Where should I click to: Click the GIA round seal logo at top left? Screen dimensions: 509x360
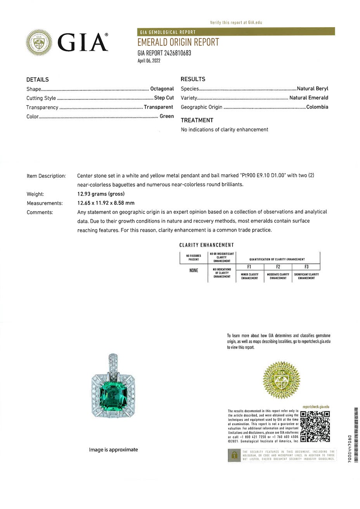[x=39, y=43]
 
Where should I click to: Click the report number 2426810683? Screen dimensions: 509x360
[x=178, y=53]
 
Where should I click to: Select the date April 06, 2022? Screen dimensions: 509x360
[x=149, y=61]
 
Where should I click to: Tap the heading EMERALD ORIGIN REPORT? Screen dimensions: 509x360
[x=178, y=42]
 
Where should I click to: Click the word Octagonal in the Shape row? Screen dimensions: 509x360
[x=162, y=89]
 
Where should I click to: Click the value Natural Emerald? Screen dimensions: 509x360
[x=308, y=98]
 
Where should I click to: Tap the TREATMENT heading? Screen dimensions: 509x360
[x=197, y=120]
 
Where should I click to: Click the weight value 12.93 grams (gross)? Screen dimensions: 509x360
[x=101, y=194]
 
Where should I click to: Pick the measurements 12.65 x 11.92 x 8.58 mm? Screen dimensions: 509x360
[x=106, y=203]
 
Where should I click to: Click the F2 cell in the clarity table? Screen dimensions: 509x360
[x=278, y=267]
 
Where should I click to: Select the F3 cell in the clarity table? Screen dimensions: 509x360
[x=306, y=267]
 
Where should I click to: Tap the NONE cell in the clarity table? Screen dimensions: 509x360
[x=194, y=270]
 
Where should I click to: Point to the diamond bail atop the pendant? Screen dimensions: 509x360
[x=113, y=363]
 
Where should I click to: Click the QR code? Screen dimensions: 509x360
[x=315, y=426]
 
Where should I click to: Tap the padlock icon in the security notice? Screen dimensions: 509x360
[x=234, y=455]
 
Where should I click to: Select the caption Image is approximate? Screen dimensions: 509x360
[x=113, y=450]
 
